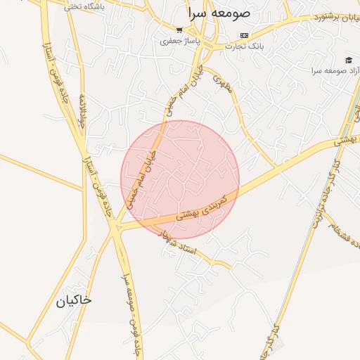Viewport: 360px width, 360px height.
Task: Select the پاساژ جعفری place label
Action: point(179,41)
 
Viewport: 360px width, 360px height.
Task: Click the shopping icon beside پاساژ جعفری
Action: point(180,30)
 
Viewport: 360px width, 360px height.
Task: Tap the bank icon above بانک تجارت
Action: point(244,35)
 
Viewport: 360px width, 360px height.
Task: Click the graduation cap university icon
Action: point(348,60)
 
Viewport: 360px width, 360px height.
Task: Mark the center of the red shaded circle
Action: point(180,180)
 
